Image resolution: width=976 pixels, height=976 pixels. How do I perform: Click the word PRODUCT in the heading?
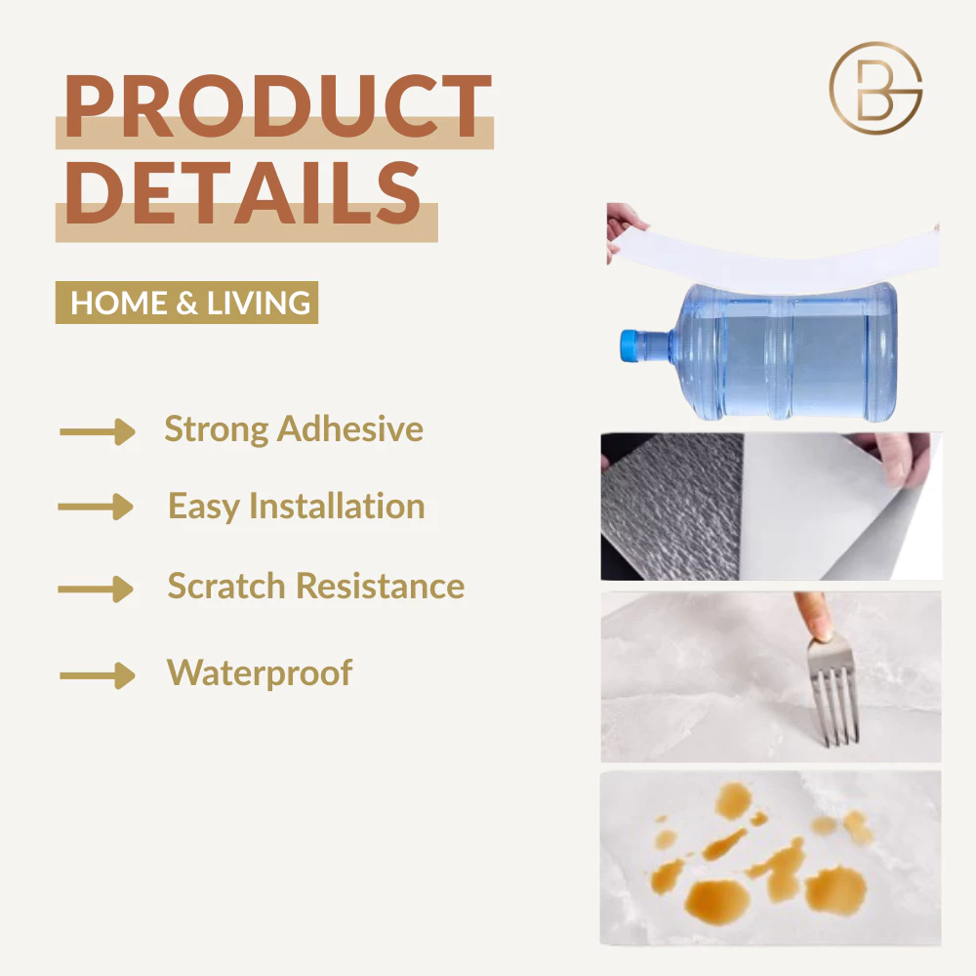click(x=278, y=105)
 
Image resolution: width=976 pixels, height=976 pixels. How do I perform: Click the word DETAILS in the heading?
click(x=243, y=193)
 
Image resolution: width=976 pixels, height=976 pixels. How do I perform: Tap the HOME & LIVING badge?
click(x=186, y=303)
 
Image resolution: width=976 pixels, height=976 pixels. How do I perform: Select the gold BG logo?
click(x=875, y=89)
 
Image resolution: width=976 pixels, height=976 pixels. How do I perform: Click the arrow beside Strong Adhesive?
click(x=97, y=431)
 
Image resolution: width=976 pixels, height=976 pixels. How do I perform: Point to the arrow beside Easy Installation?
click(x=96, y=507)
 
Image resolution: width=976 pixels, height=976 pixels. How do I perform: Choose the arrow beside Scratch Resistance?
click(x=96, y=589)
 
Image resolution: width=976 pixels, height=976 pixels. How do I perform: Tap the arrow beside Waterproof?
click(x=97, y=675)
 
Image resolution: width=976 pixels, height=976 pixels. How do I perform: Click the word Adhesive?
click(x=349, y=428)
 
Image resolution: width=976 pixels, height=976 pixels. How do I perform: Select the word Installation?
click(x=337, y=506)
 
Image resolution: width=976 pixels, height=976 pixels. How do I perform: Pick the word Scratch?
click(x=226, y=587)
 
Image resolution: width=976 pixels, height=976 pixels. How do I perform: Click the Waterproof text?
click(x=260, y=672)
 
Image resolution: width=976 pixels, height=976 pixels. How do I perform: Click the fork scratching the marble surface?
click(x=834, y=691)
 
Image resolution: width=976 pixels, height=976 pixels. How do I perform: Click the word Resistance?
click(x=381, y=587)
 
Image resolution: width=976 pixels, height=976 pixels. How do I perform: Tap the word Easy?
click(x=204, y=507)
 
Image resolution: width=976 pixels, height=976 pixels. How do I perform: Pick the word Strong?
click(x=217, y=430)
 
